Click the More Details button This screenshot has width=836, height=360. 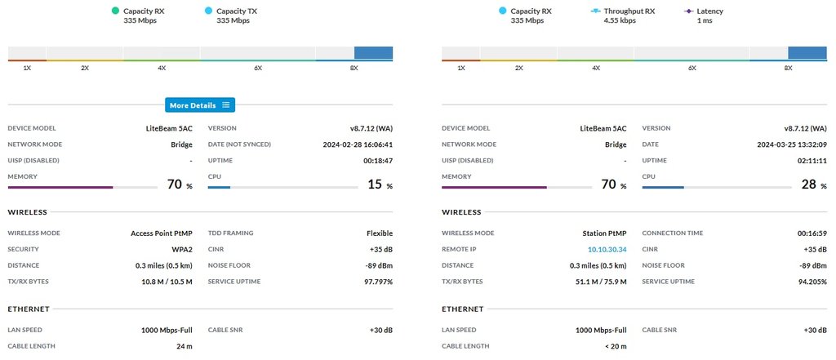pos(200,105)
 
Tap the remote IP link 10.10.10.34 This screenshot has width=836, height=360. pos(607,249)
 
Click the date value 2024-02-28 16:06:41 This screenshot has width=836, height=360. pos(358,144)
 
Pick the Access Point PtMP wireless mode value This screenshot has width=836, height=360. pos(162,233)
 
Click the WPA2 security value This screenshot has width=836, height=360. pos(181,249)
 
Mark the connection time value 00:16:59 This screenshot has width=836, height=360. pos(809,233)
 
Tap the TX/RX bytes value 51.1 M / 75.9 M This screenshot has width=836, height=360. pos(599,282)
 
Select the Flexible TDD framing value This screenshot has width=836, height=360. pos(380,233)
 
